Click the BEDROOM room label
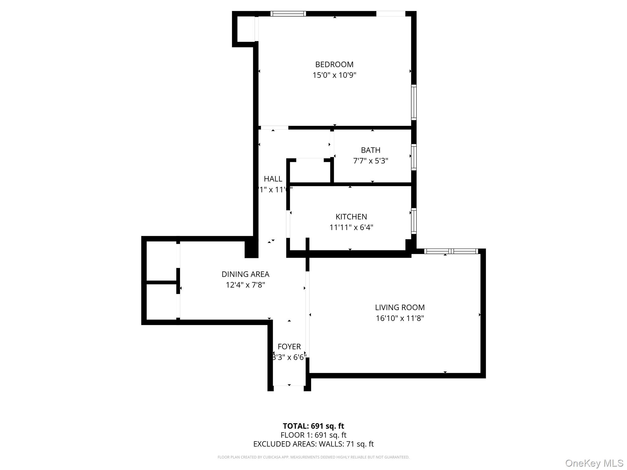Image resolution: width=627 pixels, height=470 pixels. pyautogui.click(x=334, y=65)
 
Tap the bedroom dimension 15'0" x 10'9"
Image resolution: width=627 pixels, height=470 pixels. pyautogui.click(x=334, y=75)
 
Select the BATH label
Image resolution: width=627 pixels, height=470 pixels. pyautogui.click(x=370, y=150)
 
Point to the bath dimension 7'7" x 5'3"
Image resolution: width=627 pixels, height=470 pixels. pyautogui.click(x=370, y=161)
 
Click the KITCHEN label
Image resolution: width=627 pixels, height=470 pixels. pyautogui.click(x=351, y=217)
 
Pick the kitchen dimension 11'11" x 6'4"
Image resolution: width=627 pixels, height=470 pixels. pyautogui.click(x=351, y=228)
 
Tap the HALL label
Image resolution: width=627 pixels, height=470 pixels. pyautogui.click(x=273, y=179)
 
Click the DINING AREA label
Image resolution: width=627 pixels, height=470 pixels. pyautogui.click(x=245, y=274)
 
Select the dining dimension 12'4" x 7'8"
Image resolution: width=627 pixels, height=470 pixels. pyautogui.click(x=245, y=285)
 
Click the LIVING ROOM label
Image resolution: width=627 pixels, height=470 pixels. pyautogui.click(x=400, y=308)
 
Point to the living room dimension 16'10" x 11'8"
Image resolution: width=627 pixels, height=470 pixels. pyautogui.click(x=400, y=318)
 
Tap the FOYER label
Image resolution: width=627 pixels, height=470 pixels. pyautogui.click(x=289, y=347)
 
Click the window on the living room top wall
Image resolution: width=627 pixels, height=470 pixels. pyautogui.click(x=451, y=251)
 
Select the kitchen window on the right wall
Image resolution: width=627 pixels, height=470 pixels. pyautogui.click(x=414, y=221)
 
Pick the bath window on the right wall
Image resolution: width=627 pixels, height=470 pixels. pyautogui.click(x=414, y=157)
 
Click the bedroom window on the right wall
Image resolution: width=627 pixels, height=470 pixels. pyautogui.click(x=414, y=102)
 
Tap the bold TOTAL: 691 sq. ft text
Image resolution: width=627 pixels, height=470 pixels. pyautogui.click(x=313, y=426)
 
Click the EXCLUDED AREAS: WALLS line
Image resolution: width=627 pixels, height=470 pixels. pyautogui.click(x=313, y=444)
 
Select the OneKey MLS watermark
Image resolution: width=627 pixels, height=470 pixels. pyautogui.click(x=594, y=463)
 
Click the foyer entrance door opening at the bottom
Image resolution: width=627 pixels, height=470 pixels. pyautogui.click(x=289, y=388)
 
